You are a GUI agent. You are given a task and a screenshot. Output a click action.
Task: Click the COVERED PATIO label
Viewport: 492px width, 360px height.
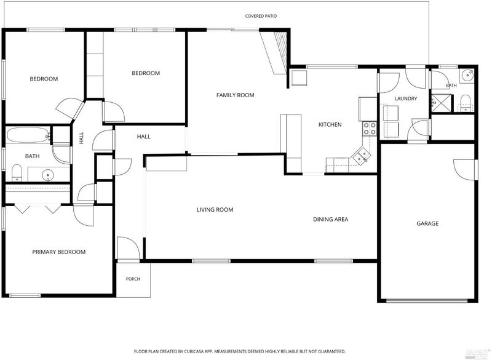(x=261, y=16)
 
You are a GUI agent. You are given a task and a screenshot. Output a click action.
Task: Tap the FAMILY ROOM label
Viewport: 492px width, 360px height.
(x=236, y=95)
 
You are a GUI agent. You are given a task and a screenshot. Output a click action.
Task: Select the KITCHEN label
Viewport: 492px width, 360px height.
(x=330, y=124)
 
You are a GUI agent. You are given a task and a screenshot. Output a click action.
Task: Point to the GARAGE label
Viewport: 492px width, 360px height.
(x=427, y=223)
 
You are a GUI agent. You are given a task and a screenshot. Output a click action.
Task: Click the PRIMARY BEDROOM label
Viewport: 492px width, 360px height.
(x=58, y=252)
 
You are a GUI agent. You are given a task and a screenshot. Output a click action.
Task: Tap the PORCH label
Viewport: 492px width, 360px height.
(x=133, y=279)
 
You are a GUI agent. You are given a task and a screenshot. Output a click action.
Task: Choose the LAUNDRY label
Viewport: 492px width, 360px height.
(x=406, y=98)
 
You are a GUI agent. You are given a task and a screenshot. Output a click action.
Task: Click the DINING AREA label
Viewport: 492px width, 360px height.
(x=331, y=220)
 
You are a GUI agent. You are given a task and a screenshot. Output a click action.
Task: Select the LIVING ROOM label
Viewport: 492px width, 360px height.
(x=215, y=210)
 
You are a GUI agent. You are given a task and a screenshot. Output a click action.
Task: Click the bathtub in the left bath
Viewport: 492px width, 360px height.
(x=29, y=135)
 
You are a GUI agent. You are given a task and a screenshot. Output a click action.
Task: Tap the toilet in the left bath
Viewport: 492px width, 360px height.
(x=17, y=173)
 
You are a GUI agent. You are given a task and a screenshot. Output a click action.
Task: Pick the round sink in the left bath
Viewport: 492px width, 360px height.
(x=48, y=174)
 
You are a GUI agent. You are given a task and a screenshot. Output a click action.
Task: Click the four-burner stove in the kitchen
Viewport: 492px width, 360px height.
(x=370, y=129)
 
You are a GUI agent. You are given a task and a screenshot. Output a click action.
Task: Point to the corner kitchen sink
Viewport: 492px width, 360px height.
(x=362, y=156)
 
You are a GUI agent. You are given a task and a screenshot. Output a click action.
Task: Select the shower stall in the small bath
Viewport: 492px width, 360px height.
(x=442, y=102)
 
